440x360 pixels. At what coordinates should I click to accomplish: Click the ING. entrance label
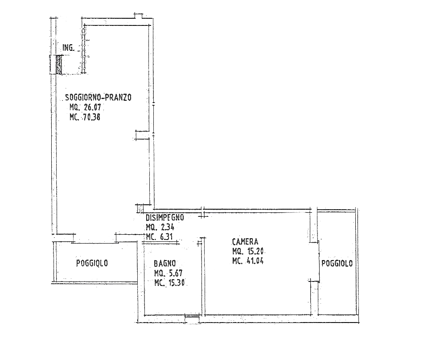69,48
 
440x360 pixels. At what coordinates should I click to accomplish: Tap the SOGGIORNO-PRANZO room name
98,97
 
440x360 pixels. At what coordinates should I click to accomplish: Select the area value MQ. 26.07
85,107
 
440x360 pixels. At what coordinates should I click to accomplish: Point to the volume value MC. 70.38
85,117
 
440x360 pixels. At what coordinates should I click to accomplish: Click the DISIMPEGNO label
165,217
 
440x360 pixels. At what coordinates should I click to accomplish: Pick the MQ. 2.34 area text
160,227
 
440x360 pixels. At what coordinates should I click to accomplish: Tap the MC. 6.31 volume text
160,237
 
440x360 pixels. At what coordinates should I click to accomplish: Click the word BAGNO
164,263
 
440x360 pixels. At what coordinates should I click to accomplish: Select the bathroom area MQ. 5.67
169,273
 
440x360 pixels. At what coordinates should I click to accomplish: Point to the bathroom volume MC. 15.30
169,283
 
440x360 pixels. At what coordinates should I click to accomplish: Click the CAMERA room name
245,241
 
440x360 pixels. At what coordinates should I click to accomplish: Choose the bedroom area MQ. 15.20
248,251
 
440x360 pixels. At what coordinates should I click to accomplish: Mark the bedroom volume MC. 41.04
248,261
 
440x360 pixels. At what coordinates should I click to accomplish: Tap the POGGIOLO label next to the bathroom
92,263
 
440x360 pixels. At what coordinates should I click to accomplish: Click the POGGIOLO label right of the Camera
337,263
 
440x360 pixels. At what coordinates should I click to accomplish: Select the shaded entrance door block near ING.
59,65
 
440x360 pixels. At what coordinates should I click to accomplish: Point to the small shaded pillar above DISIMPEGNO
140,209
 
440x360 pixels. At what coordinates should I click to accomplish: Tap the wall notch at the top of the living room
139,16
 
